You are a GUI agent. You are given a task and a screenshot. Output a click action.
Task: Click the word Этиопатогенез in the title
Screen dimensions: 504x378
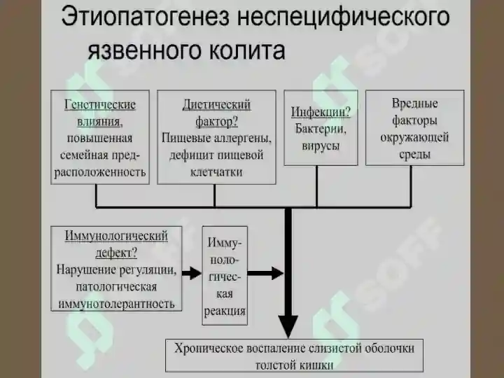(x=146, y=17)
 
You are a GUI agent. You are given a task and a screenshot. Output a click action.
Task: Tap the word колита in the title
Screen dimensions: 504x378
(x=246, y=50)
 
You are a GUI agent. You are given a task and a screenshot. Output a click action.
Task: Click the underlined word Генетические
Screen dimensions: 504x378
(x=100, y=105)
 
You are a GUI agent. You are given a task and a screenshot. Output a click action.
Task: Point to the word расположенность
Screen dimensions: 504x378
(x=100, y=172)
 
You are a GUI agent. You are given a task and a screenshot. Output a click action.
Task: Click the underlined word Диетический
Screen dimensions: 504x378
(x=216, y=105)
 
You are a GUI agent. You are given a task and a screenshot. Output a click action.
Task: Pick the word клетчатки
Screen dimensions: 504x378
(x=216, y=172)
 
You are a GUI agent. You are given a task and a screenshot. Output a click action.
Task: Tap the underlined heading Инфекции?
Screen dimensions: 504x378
(x=321, y=112)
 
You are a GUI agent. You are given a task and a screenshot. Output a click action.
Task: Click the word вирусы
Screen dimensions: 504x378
(x=321, y=146)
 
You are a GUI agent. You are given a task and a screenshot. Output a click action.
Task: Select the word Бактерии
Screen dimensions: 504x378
(x=321, y=129)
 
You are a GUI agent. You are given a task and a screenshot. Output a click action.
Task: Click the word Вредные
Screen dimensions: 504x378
(x=414, y=104)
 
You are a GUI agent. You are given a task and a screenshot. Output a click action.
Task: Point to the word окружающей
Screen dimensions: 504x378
(x=414, y=138)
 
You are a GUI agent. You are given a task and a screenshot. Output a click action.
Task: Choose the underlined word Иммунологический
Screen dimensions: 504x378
(x=116, y=236)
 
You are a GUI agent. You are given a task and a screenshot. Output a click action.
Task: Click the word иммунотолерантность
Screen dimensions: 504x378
(x=116, y=303)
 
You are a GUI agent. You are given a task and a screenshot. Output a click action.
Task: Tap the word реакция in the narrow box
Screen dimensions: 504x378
(x=225, y=311)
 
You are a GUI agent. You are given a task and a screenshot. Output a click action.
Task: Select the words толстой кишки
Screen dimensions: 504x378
(x=294, y=365)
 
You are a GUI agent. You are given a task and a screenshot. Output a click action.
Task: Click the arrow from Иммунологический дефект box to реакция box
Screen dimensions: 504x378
(x=192, y=273)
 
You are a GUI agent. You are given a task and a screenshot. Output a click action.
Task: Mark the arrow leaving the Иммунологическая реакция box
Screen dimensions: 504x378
(x=265, y=273)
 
